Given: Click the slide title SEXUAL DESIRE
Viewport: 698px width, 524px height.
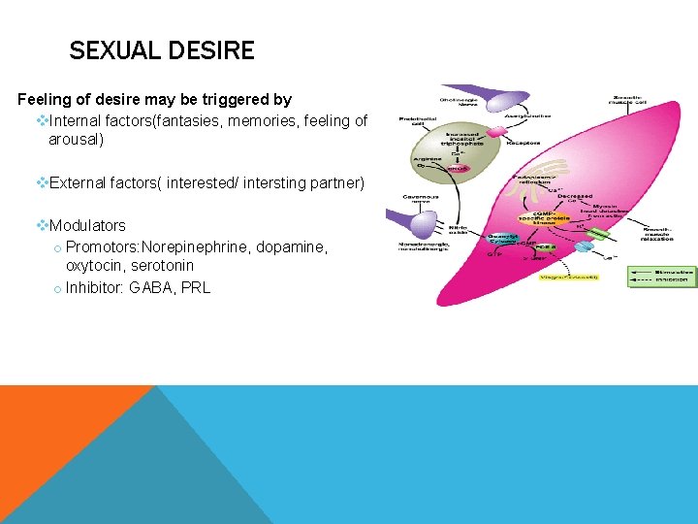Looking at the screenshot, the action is tap(162, 50).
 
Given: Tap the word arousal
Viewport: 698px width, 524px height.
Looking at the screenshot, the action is tap(76, 140).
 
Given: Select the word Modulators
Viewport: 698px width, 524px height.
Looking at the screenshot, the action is tap(87, 225).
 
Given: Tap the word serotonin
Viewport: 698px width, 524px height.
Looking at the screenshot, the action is tap(163, 265).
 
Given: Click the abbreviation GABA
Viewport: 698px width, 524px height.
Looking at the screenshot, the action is tap(152, 287).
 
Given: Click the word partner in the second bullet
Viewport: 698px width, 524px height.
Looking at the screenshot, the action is tap(337, 182).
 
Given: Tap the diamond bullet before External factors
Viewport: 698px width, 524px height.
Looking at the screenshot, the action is tap(42, 182).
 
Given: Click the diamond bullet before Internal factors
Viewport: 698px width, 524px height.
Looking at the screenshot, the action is tap(42, 121).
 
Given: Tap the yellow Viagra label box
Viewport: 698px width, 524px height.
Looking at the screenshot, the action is tap(570, 277).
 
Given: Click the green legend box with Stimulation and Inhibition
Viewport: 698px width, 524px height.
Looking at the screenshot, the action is tap(661, 276).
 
